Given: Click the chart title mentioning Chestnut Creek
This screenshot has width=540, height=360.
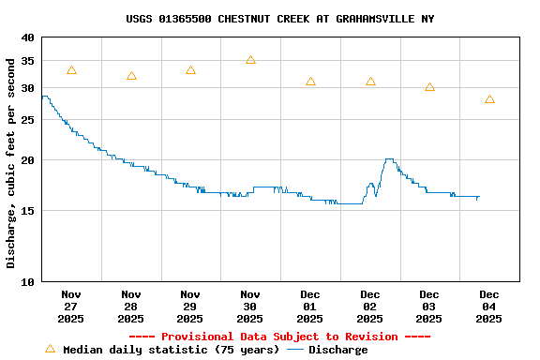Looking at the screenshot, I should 279,19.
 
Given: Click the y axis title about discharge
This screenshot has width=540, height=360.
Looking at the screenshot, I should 11,163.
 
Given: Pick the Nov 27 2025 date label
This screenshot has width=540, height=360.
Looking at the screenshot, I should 71,307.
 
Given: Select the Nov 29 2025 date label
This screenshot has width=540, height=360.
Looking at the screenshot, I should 190,307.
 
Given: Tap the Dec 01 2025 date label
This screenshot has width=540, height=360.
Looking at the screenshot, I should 310,307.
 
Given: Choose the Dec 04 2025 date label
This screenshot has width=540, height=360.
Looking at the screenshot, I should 489,307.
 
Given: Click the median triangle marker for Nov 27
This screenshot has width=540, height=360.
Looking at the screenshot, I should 71,70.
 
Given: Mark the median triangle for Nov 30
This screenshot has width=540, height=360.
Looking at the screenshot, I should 250,60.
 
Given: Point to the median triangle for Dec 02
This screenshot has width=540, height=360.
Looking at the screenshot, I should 370,82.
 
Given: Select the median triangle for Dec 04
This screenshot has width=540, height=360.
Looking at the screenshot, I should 489,99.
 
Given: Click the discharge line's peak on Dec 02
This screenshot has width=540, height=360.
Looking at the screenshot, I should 389,159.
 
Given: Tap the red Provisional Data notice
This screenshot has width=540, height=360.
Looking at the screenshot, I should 279,337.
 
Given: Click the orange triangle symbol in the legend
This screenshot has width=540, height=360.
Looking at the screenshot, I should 50,349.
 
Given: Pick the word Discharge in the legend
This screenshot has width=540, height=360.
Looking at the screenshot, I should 338,350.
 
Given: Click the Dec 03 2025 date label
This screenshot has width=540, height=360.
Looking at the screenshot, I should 429,307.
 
